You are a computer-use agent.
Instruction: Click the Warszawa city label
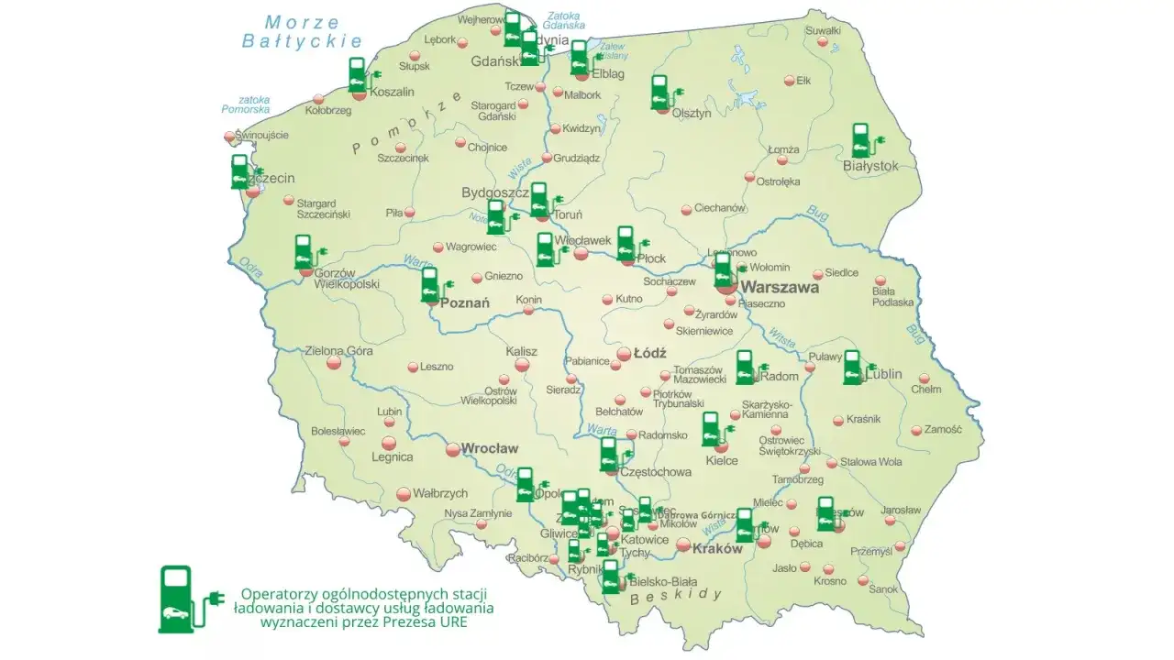click(x=780, y=287)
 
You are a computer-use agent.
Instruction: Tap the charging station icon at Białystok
click(x=861, y=142)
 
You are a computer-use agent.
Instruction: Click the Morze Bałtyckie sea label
click(x=302, y=31)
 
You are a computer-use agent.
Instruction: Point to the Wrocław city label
click(x=490, y=448)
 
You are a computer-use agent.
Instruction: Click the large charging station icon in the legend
click(x=178, y=599)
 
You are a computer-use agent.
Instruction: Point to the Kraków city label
click(x=717, y=549)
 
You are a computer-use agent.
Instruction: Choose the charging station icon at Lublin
click(x=853, y=368)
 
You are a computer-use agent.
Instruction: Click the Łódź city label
click(x=649, y=353)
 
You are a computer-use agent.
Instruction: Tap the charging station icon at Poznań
click(x=430, y=285)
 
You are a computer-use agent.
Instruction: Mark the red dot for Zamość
click(x=916, y=430)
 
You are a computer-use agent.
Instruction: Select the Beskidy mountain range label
click(x=676, y=595)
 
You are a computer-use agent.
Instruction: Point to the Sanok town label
click(x=884, y=589)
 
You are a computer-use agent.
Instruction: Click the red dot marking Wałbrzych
click(x=402, y=494)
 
